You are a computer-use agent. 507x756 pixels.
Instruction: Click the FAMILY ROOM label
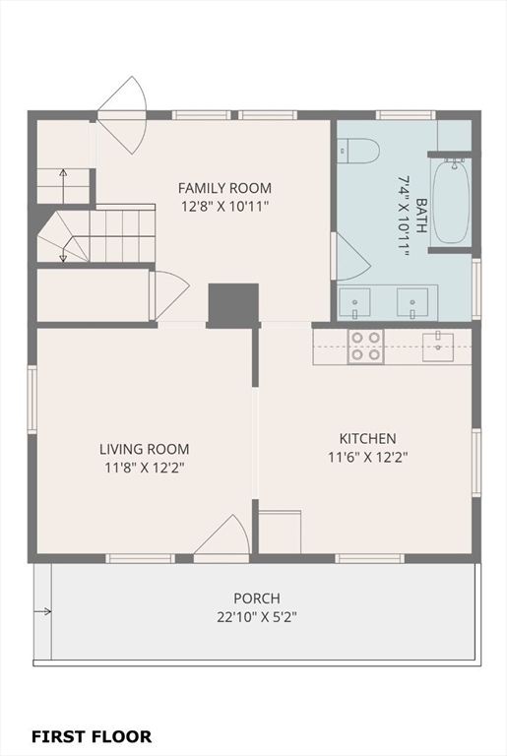tap(224, 188)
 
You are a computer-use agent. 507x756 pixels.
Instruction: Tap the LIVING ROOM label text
tap(145, 449)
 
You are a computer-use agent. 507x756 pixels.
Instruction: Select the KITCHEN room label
tap(367, 438)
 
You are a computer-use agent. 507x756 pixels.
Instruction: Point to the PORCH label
tap(257, 598)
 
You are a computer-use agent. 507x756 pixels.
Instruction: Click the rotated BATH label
tap(421, 215)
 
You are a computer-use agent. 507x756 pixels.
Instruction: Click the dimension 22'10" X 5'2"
tap(257, 617)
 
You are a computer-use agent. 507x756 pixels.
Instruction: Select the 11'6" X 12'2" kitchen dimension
tap(368, 457)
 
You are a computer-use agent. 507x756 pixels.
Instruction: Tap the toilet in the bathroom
tap(358, 151)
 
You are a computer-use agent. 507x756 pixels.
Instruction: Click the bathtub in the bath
tap(451, 202)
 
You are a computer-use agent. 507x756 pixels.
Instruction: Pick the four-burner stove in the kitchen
tap(365, 346)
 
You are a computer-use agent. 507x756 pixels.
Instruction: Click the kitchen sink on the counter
tap(438, 346)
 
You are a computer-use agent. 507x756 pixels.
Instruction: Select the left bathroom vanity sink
tap(354, 303)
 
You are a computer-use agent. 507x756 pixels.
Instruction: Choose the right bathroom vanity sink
tap(412, 303)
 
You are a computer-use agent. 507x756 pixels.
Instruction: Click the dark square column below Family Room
tap(233, 303)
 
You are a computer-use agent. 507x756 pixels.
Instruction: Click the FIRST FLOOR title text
tap(92, 736)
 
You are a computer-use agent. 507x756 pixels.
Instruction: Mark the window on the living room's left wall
tap(32, 400)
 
